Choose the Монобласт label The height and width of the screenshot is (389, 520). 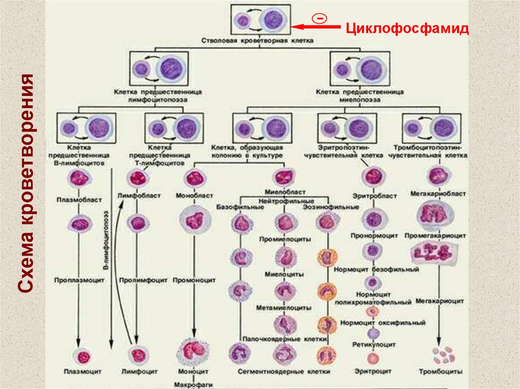click(194, 195)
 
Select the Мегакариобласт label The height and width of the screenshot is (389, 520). click(437, 194)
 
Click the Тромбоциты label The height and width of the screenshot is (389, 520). click(440, 372)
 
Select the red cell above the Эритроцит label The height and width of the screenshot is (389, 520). click(373, 359)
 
